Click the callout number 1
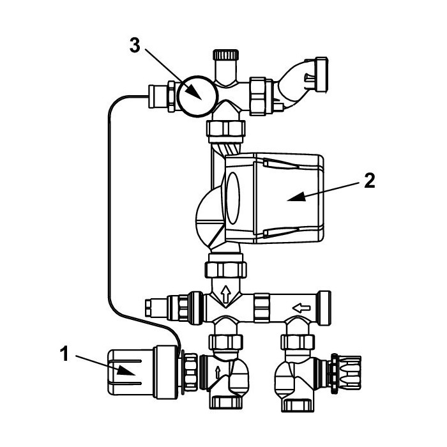coord(64,354)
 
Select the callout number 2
coord(370,181)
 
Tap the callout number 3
coord(135,45)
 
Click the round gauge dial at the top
coord(197,96)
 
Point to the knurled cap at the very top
coord(226,54)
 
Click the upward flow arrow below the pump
coord(226,294)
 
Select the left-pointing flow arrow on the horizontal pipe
coord(301,308)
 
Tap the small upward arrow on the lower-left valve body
coord(218,373)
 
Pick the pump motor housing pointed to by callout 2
coord(274,199)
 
